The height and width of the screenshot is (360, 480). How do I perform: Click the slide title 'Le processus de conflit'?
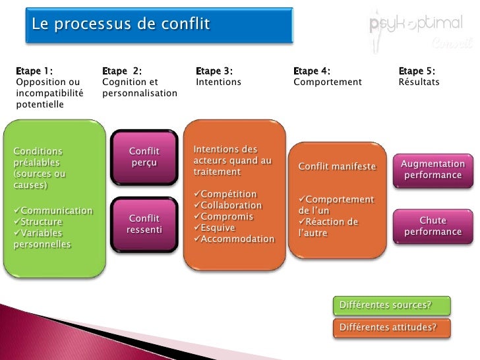(x=121, y=25)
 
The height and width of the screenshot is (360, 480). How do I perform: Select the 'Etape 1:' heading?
(x=35, y=71)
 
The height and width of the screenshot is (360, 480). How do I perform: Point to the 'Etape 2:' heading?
(x=122, y=71)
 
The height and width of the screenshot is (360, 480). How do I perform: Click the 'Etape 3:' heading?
(x=214, y=71)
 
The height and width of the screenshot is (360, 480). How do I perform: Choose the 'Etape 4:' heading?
(x=312, y=71)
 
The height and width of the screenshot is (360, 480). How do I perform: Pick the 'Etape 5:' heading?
(x=417, y=71)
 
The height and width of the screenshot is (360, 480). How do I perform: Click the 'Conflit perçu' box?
(x=144, y=158)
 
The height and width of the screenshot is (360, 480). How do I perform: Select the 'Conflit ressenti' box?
(x=144, y=224)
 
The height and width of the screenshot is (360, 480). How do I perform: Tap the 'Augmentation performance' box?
(x=433, y=169)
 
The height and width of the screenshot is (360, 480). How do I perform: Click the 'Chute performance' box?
(x=433, y=226)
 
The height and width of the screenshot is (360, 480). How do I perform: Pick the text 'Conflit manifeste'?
(x=337, y=167)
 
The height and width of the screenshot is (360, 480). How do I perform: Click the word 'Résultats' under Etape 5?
(x=419, y=82)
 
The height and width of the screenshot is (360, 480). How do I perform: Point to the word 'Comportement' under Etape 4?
(x=328, y=82)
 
